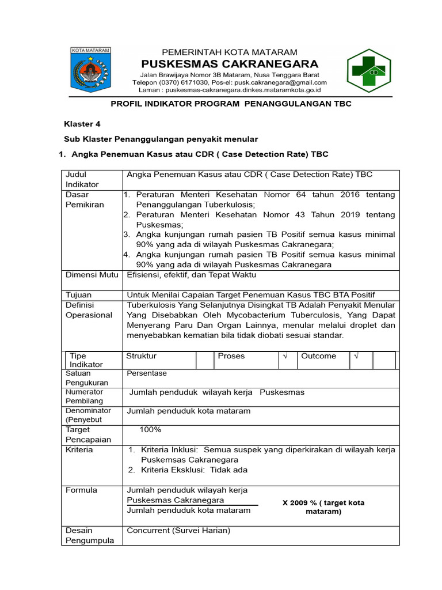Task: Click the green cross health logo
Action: [x=368, y=71]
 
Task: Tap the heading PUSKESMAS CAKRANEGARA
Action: [x=230, y=63]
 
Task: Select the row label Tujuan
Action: [x=79, y=294]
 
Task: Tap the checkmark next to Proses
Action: [x=284, y=356]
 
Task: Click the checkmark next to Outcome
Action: [x=356, y=356]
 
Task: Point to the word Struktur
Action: [x=141, y=356]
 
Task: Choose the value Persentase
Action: [x=147, y=373]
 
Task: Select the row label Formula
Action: [x=82, y=490]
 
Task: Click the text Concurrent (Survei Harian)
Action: [x=178, y=531]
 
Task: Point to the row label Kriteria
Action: [x=79, y=449]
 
